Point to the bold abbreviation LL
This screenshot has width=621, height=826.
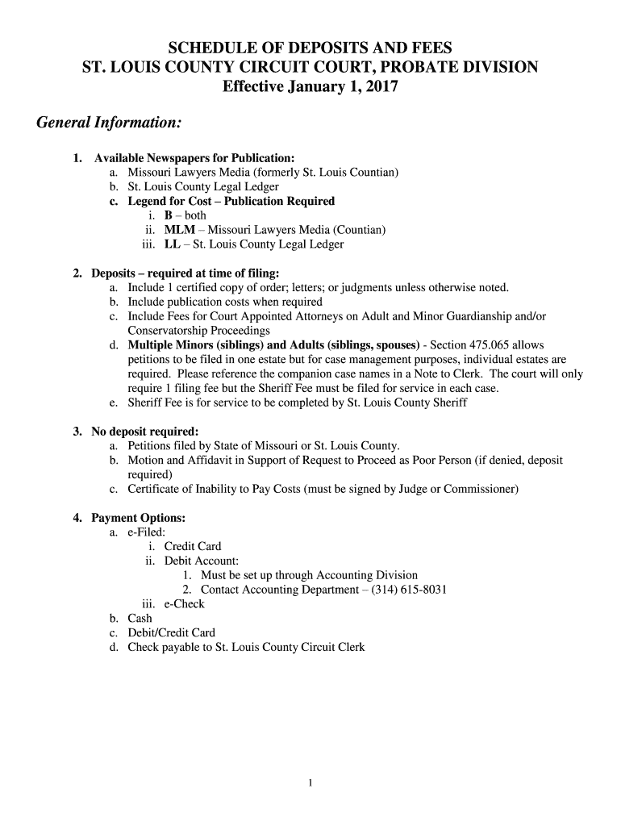(x=172, y=244)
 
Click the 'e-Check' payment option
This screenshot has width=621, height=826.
(x=185, y=604)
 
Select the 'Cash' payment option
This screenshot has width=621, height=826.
(x=140, y=619)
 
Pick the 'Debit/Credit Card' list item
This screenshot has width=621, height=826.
(x=172, y=633)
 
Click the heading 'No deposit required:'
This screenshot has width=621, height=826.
(x=145, y=431)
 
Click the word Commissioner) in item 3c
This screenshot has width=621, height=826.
(x=476, y=489)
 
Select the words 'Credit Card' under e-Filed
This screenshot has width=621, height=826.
(x=193, y=546)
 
